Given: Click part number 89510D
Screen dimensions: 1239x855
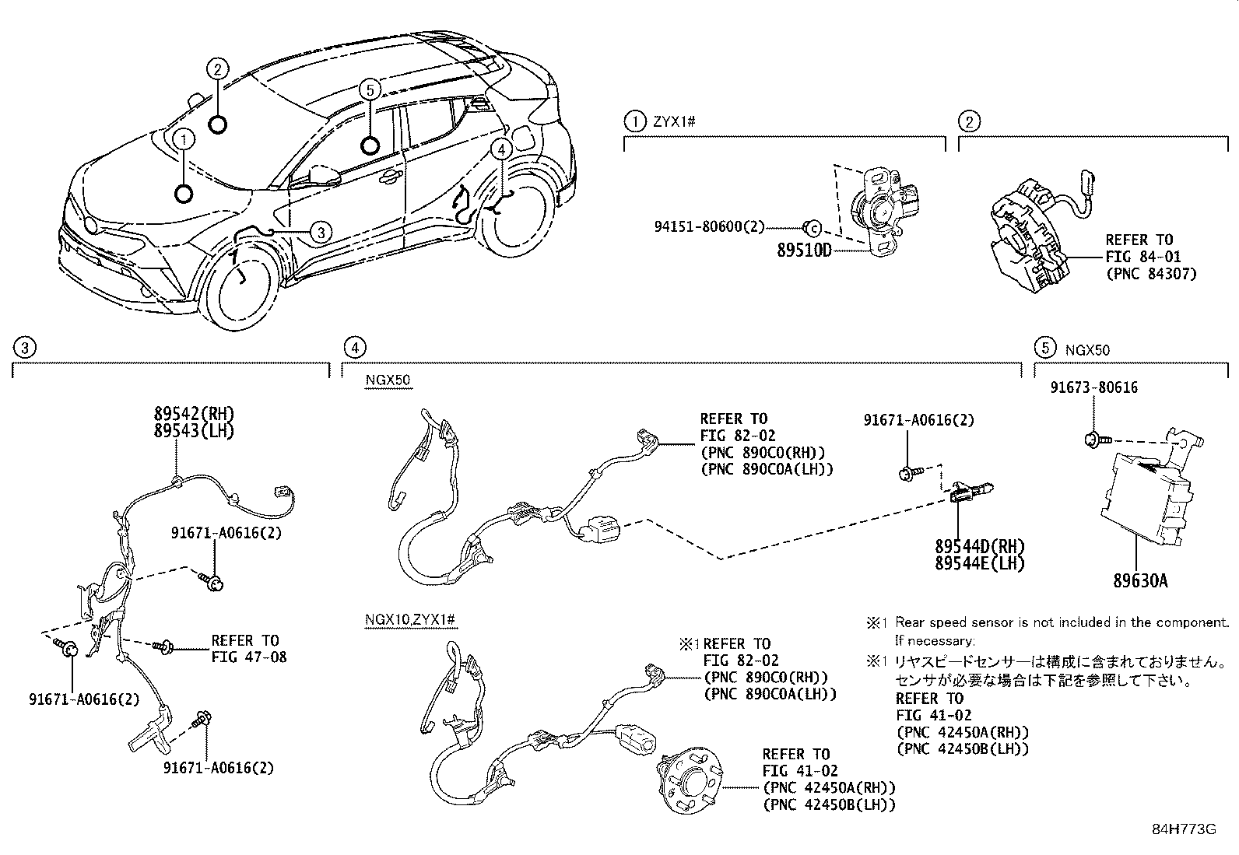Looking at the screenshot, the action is click(804, 251).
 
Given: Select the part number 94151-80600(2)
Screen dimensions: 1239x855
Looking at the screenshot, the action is click(709, 226).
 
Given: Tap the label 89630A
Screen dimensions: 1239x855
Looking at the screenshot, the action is click(1140, 580).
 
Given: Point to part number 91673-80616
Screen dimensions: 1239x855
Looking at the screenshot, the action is click(1094, 387).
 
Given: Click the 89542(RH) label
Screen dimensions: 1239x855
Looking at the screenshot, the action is click(194, 413).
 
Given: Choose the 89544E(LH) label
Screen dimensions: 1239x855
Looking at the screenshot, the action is click(980, 563).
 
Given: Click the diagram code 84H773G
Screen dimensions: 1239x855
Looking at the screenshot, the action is click(1185, 829).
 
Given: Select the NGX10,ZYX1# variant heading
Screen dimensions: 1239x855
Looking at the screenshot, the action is click(410, 619).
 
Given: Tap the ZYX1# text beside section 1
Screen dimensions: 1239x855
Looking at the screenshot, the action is click(674, 121).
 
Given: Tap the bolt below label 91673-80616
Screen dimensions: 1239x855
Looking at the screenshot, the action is click(1095, 440).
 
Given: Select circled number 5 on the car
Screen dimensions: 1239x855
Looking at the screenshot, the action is click(370, 90).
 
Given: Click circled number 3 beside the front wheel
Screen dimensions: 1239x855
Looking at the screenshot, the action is click(321, 233).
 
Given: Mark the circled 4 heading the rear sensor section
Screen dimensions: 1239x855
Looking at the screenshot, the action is click(355, 348).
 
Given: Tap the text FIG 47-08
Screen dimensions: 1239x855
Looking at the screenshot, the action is click(250, 657).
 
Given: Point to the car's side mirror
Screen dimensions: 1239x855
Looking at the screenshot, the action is click(325, 174).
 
